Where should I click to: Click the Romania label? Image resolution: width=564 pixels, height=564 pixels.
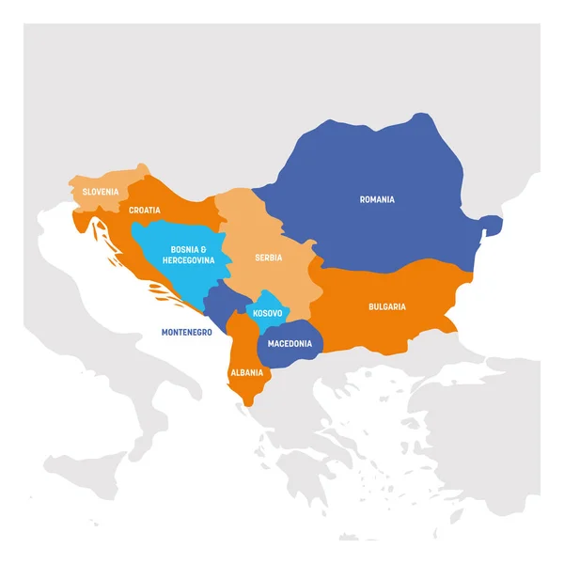click(x=377, y=199)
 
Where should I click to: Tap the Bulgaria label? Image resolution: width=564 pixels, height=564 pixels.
click(x=386, y=306)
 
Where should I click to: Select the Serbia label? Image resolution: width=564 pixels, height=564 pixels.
click(x=268, y=258)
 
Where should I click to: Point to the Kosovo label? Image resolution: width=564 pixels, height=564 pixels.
click(x=268, y=311)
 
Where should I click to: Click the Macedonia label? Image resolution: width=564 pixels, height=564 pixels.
click(x=290, y=343)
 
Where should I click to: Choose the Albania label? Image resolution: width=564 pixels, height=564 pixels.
click(x=247, y=372)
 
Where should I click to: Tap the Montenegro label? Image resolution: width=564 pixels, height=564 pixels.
click(x=186, y=332)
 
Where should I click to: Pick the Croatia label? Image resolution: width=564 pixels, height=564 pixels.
click(x=145, y=211)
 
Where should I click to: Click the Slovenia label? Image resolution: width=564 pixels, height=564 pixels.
click(x=101, y=192)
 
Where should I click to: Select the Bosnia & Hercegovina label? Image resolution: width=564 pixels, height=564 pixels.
click(x=188, y=254)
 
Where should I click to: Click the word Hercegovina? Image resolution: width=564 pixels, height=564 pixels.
click(x=188, y=259)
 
